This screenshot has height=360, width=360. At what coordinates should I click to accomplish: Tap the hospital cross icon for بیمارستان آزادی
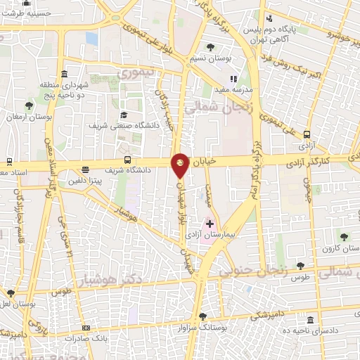pyautogui.click(x=209, y=224)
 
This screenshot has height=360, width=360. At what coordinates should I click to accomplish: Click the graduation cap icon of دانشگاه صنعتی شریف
pyautogui.click(x=124, y=115)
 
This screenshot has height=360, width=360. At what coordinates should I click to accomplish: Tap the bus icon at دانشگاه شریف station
pyautogui.click(x=127, y=160)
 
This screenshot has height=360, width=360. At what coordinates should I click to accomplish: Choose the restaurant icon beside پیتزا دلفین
pyautogui.click(x=85, y=169)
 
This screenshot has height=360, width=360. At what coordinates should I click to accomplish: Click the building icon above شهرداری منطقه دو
pyautogui.click(x=65, y=75)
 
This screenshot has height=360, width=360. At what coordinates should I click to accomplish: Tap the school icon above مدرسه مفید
pyautogui.click(x=234, y=79)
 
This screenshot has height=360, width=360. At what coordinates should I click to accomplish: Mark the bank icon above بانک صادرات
pyautogui.click(x=86, y=328)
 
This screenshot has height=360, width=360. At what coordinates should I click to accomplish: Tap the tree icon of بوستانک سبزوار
pyautogui.click(x=202, y=316)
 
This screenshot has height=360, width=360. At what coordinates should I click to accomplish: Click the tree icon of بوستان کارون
pyautogui.click(x=343, y=236)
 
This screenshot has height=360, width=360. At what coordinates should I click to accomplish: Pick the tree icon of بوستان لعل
pyautogui.click(x=9, y=292)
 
